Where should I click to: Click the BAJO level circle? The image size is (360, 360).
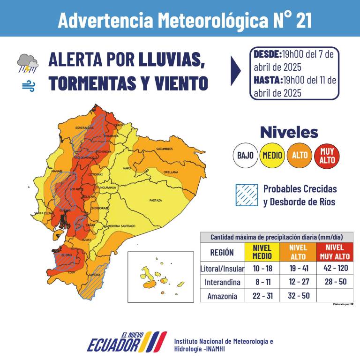pyautogui.click(x=246, y=155)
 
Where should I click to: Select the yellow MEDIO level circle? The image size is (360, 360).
pyautogui.click(x=272, y=155)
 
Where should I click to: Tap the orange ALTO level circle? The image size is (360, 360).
pyautogui.click(x=300, y=155)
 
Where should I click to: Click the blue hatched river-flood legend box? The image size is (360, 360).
pyautogui.click(x=247, y=195)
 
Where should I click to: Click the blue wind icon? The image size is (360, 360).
pyautogui.click(x=28, y=86)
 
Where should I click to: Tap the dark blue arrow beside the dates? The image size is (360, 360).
pyautogui.click(x=236, y=70)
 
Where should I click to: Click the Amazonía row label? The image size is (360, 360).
pyautogui.click(x=222, y=296)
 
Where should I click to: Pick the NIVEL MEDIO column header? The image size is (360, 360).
pyautogui.click(x=262, y=252)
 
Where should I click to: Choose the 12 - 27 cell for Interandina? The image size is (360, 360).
pyautogui.click(x=298, y=282)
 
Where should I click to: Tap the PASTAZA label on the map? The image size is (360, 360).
pyautogui.click(x=155, y=200)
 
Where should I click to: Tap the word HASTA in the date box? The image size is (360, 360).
pyautogui.click(x=267, y=80)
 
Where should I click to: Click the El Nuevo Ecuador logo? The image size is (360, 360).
pyautogui.click(x=127, y=341)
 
